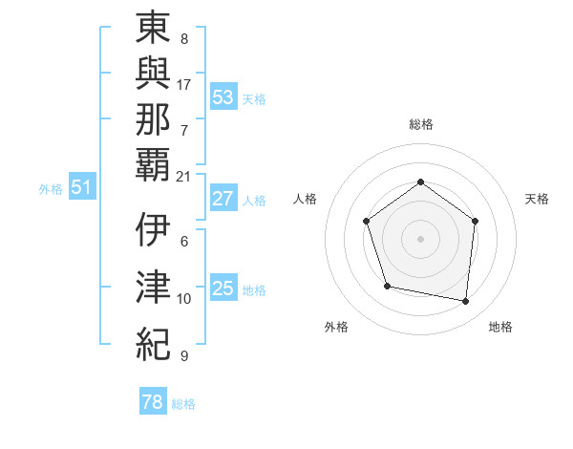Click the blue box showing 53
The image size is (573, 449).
[223, 96]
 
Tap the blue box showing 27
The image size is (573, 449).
[223, 199]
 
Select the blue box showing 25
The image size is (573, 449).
[223, 289]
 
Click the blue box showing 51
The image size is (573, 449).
[81, 187]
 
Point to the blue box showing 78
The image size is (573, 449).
[153, 402]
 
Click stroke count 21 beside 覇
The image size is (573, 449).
[184, 176]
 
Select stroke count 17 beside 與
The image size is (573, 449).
[184, 84]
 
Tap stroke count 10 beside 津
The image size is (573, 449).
[184, 299]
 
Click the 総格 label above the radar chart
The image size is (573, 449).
[420, 124]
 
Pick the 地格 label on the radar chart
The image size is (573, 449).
[500, 328]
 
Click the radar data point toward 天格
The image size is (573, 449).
[476, 221]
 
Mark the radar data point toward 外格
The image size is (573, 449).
[387, 286]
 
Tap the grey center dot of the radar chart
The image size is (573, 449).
[420, 239]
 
